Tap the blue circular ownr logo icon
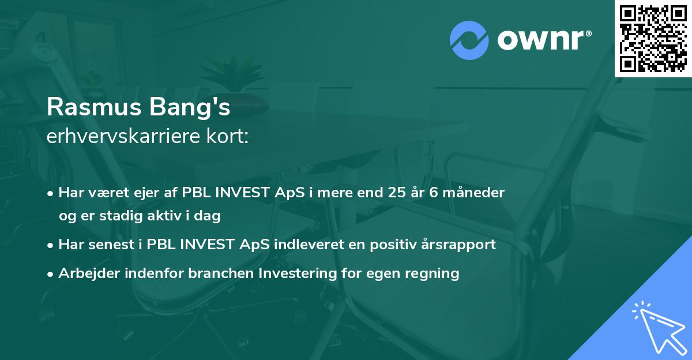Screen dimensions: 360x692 (469, 40)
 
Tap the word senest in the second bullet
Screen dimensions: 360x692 (112, 245)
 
